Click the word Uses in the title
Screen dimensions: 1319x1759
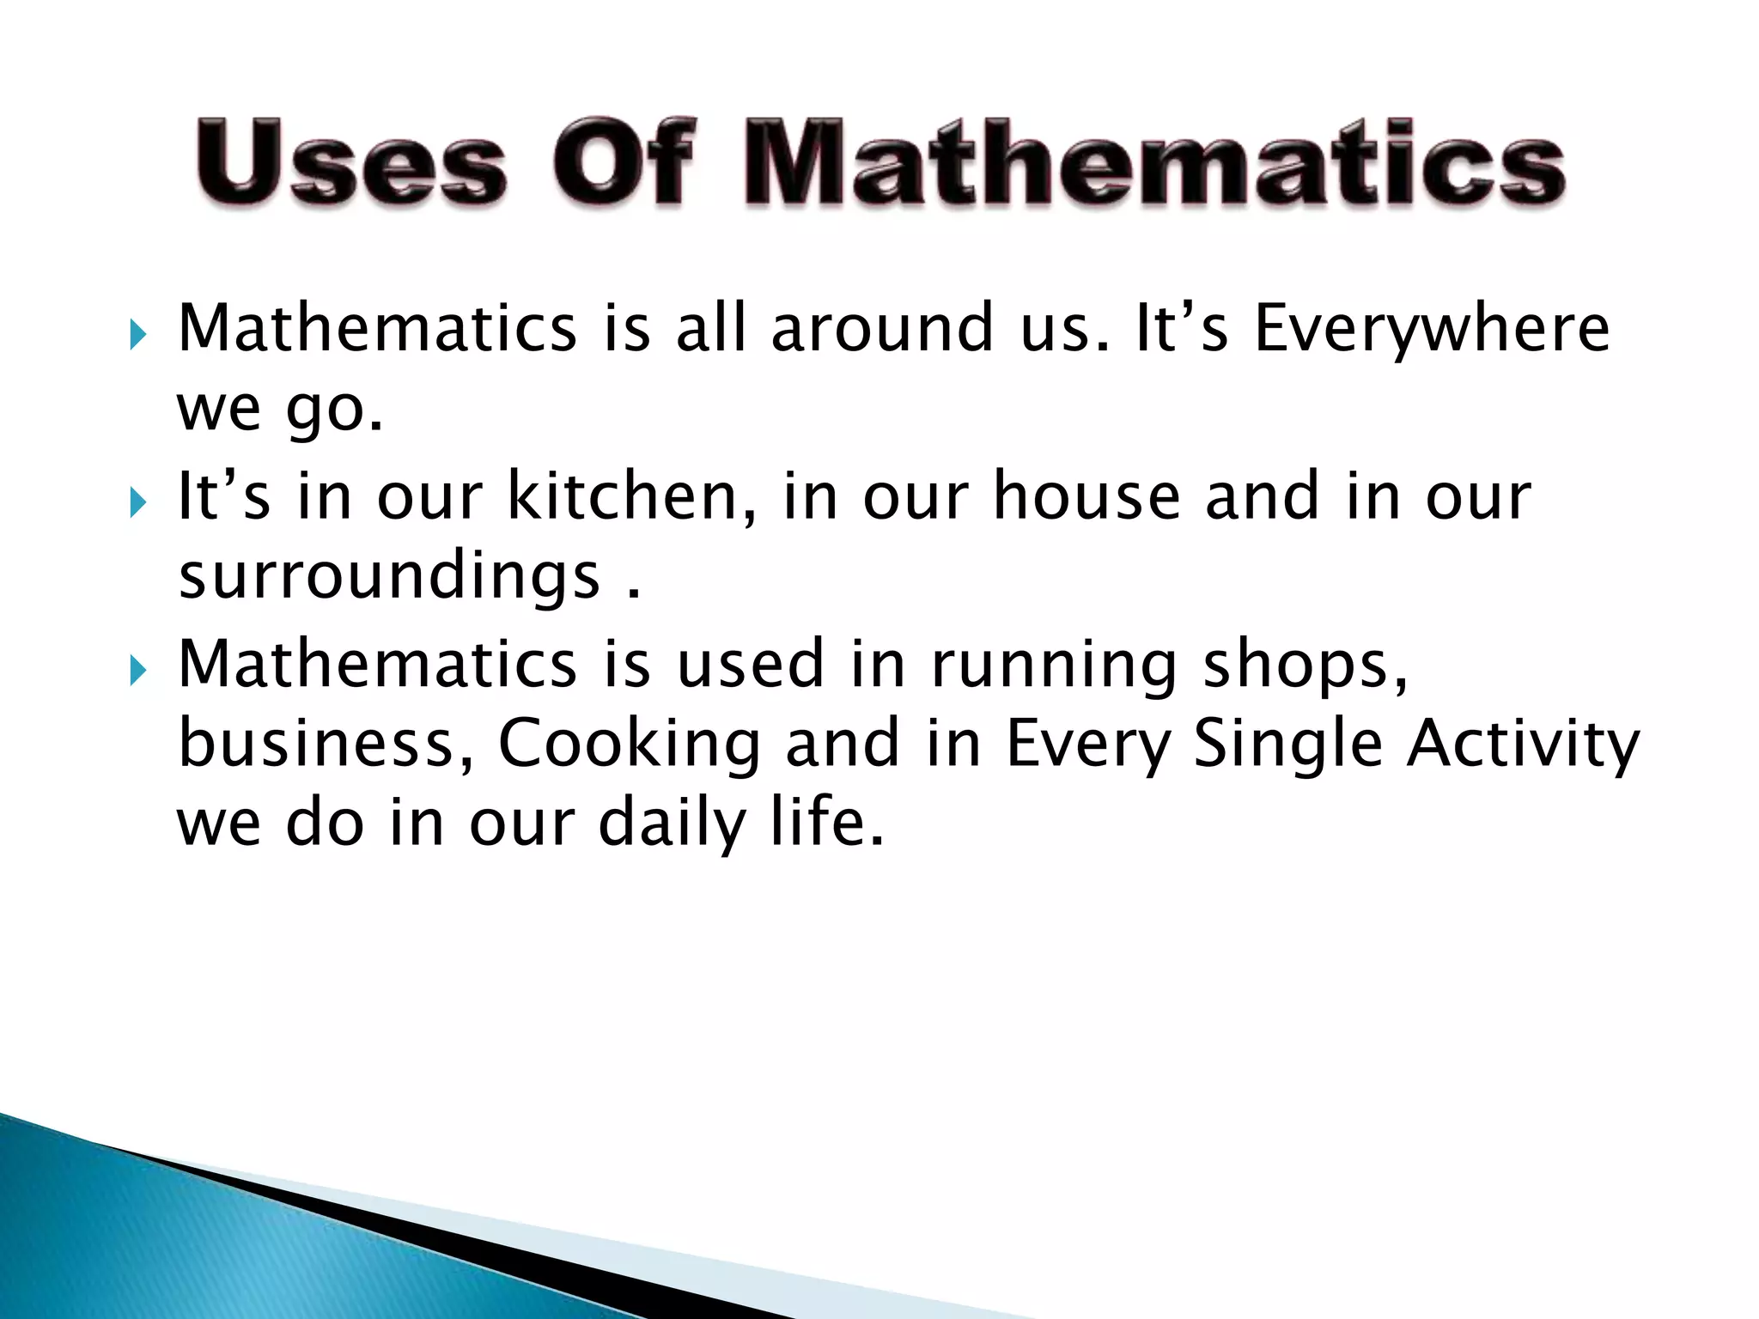coord(351,163)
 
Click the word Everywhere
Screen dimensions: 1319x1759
coord(1432,330)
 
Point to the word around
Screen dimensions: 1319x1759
coord(881,328)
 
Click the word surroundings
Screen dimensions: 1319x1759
coord(389,577)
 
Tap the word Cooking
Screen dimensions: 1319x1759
coord(630,744)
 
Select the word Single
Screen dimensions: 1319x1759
coord(1288,744)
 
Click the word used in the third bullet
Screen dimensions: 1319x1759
coord(750,665)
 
